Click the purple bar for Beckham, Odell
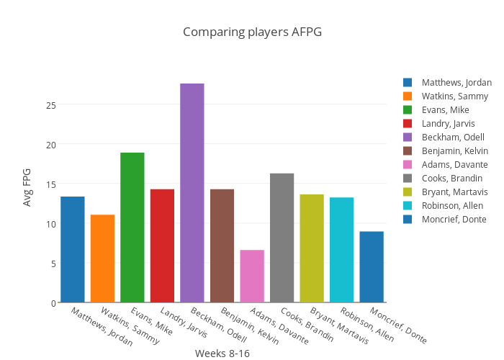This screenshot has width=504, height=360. [x=192, y=193]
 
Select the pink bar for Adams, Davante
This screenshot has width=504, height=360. [x=252, y=276]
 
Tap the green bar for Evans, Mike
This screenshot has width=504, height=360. [x=132, y=228]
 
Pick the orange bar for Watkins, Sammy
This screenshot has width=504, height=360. [x=102, y=258]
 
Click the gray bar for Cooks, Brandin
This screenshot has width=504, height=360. [x=282, y=238]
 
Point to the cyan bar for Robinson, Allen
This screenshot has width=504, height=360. [x=342, y=250]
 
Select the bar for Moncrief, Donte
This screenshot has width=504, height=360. [x=372, y=266]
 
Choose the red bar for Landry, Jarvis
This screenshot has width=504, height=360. [x=162, y=246]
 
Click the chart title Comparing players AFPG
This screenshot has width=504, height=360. [x=252, y=32]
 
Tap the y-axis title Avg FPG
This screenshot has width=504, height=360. [x=27, y=187]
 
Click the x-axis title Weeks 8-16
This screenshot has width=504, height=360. [x=222, y=354]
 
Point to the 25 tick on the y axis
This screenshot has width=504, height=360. [x=50, y=104]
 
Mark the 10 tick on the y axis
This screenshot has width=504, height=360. [x=50, y=223]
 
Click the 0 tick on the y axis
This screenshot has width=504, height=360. [x=53, y=302]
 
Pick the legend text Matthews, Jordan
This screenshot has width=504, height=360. [x=456, y=83]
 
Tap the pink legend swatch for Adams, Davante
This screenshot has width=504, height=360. [x=408, y=165]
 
